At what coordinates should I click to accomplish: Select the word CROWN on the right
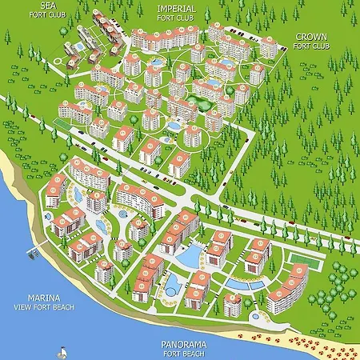(310, 37)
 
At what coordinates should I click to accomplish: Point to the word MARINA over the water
(34, 295)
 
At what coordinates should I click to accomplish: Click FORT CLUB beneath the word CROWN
(310, 46)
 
